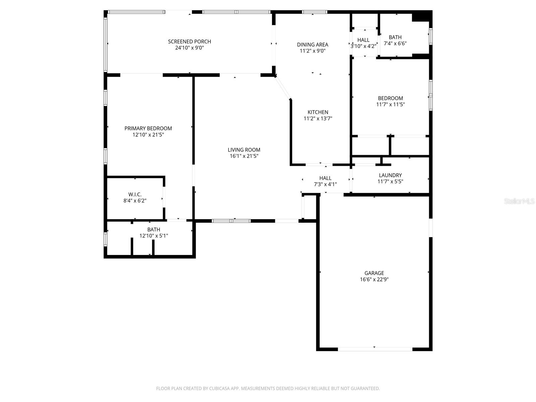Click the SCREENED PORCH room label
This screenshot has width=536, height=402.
(189, 42)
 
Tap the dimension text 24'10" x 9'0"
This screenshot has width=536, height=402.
(189, 48)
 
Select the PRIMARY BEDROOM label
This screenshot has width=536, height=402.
(148, 128)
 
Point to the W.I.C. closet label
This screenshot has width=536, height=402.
(135, 195)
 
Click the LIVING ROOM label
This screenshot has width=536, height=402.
(244, 150)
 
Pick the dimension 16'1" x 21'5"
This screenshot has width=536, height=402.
(244, 156)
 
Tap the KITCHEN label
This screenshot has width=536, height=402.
(318, 112)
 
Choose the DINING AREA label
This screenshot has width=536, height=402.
(313, 45)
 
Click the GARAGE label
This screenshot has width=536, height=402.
(374, 273)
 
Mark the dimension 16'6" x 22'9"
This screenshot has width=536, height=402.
(374, 279)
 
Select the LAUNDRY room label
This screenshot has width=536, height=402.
(390, 175)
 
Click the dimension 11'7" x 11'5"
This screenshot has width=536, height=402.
(390, 105)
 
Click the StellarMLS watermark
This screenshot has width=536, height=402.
(519, 201)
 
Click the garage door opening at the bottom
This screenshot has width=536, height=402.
(375, 349)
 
